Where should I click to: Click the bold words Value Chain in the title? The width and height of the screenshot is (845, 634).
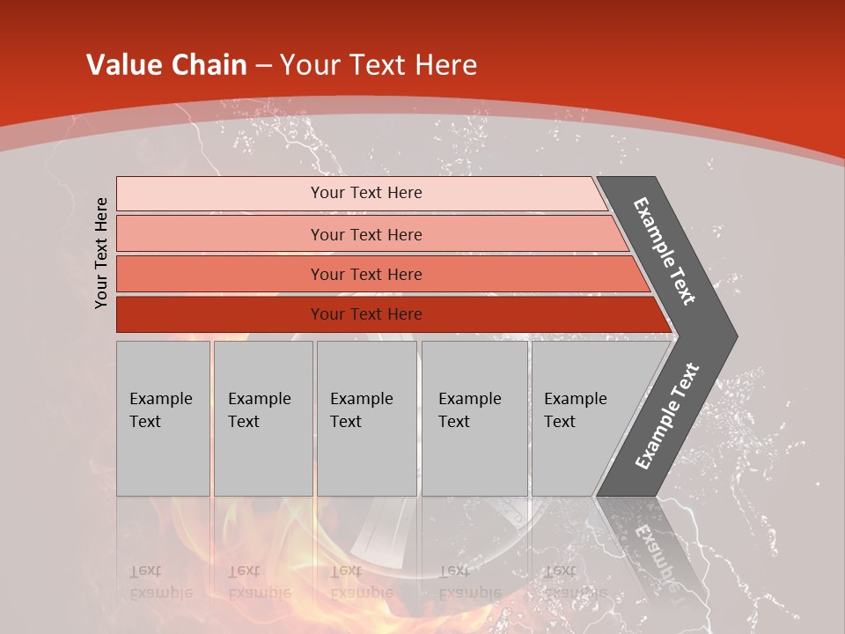pyautogui.click(x=166, y=65)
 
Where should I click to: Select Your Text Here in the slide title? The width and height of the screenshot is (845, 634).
pyautogui.click(x=378, y=65)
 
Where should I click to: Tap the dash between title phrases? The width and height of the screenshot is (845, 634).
pyautogui.click(x=263, y=66)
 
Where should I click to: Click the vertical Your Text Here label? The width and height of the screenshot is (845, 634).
pyautogui.click(x=101, y=253)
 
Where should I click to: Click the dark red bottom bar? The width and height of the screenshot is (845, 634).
pyautogui.click(x=220, y=314)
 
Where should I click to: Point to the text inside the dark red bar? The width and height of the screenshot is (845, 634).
pyautogui.click(x=366, y=314)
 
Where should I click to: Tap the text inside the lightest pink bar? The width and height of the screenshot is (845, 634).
pyautogui.click(x=366, y=193)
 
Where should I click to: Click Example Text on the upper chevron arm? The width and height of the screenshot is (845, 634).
pyautogui.click(x=665, y=251)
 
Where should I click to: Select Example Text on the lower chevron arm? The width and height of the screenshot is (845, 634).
pyautogui.click(x=666, y=417)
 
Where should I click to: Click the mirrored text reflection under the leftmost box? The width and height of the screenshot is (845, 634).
pyautogui.click(x=160, y=582)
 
